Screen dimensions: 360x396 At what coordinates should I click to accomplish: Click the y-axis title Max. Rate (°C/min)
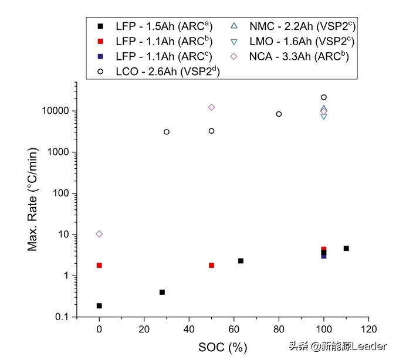(x=34, y=200)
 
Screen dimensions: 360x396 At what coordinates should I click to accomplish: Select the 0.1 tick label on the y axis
(x=61, y=317)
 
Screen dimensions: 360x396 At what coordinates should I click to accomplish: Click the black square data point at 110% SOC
(x=346, y=249)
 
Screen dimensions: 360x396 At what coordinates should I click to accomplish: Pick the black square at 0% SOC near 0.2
(x=99, y=305)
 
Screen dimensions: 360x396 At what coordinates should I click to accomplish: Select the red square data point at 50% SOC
(x=211, y=265)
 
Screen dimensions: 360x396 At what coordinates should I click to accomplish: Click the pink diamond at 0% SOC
(x=99, y=234)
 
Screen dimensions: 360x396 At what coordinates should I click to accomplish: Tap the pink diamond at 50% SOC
(x=211, y=107)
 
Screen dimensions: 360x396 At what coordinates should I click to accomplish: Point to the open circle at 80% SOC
(x=279, y=114)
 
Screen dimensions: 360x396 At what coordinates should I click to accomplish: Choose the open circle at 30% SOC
(x=167, y=132)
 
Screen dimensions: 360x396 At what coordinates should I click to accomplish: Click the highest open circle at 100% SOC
(x=324, y=97)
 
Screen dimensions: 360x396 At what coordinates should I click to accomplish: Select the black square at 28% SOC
(x=162, y=292)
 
